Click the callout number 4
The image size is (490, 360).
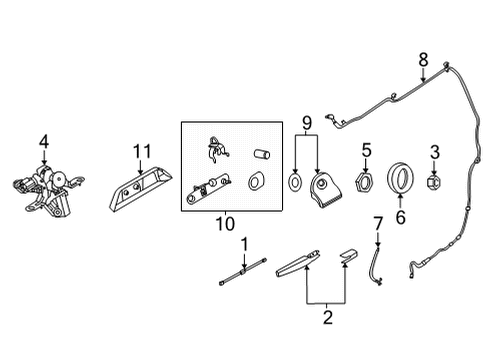click(43, 141)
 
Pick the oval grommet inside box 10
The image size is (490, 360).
click(255, 182)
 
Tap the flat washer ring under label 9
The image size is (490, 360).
click(297, 184)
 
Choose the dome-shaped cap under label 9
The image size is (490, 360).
click(323, 187)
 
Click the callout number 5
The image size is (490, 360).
click(367, 151)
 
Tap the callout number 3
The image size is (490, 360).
click(434, 151)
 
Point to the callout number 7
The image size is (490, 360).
click(377, 223)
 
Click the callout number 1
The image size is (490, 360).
click(243, 243)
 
